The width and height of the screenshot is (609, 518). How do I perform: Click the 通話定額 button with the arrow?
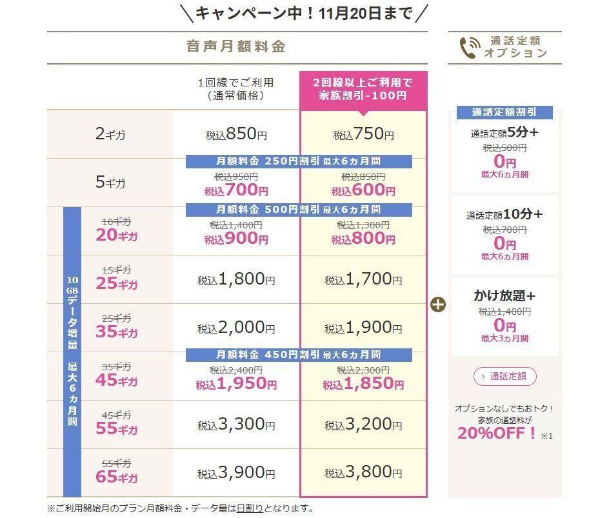pyautogui.click(x=504, y=376)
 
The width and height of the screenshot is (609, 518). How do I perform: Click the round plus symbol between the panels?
pyautogui.click(x=438, y=304)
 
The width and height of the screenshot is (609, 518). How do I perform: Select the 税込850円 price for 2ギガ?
pyautogui.click(x=236, y=135)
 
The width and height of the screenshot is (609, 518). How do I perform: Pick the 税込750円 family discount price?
pyautogui.click(x=363, y=135)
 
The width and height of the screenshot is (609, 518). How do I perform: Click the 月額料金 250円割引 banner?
pyautogui.click(x=299, y=161)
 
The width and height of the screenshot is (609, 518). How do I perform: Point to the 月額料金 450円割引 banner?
pyautogui.click(x=299, y=355)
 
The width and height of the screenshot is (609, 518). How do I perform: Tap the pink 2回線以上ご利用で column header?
pyautogui.click(x=363, y=89)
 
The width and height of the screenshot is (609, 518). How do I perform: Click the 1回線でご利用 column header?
pyautogui.click(x=236, y=89)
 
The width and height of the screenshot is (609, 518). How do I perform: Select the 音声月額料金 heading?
pyautogui.click(x=236, y=47)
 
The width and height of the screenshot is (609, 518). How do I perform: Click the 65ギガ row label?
pyautogui.click(x=117, y=478)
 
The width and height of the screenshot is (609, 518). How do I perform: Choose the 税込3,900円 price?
pyautogui.click(x=236, y=473)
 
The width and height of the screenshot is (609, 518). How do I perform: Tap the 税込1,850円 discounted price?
pyautogui.click(x=363, y=384)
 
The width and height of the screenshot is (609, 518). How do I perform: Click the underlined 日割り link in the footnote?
pyautogui.click(x=250, y=508)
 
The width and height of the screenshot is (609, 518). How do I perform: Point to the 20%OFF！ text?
pyautogui.click(x=497, y=433)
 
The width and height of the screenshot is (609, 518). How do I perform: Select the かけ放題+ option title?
pyautogui.click(x=504, y=296)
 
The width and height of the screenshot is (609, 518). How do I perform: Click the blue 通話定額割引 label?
pyautogui.click(x=504, y=112)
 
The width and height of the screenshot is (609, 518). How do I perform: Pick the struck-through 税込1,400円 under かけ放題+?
pyautogui.click(x=504, y=312)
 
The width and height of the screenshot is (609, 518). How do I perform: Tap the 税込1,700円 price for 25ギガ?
pyautogui.click(x=363, y=279)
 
